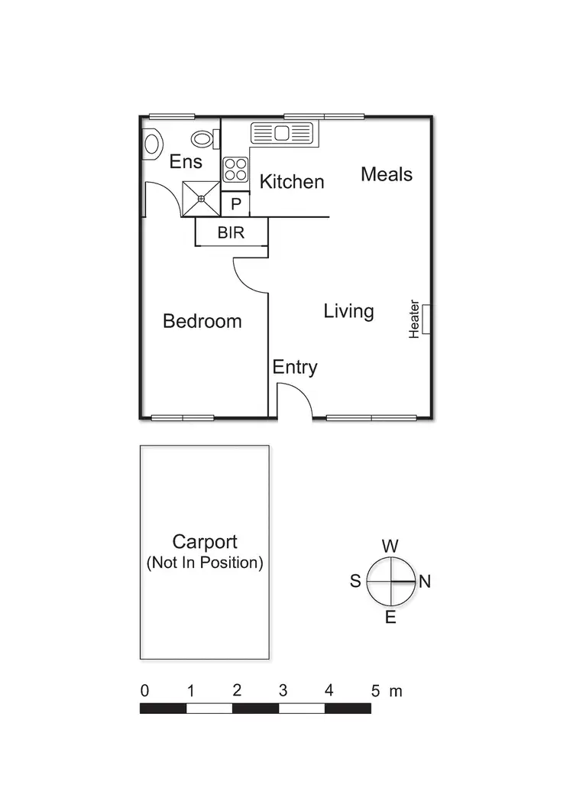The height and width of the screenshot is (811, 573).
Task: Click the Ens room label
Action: click(186, 161)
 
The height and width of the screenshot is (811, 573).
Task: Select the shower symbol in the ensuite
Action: click(201, 198)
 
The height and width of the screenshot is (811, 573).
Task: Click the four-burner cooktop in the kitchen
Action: click(235, 169)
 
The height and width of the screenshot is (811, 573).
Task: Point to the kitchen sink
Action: click(283, 134)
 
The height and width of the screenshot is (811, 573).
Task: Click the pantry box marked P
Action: click(235, 204)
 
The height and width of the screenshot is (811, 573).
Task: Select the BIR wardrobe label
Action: click(231, 233)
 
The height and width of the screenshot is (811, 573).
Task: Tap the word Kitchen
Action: click(292, 182)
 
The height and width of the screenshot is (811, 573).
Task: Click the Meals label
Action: click(387, 174)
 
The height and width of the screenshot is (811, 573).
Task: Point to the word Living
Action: click(348, 311)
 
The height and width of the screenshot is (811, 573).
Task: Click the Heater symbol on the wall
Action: click(426, 319)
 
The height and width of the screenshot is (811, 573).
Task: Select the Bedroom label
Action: click(202, 321)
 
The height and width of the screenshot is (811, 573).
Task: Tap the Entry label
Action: click(295, 368)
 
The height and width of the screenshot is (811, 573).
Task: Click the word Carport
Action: click(205, 542)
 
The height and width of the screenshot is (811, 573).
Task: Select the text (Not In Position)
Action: click(205, 563)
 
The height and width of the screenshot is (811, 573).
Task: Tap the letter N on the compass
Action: click(425, 582)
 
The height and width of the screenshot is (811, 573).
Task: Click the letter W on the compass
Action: click(390, 546)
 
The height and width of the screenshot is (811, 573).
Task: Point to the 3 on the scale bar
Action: click(283, 691)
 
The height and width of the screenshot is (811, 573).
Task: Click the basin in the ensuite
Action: click(152, 144)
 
